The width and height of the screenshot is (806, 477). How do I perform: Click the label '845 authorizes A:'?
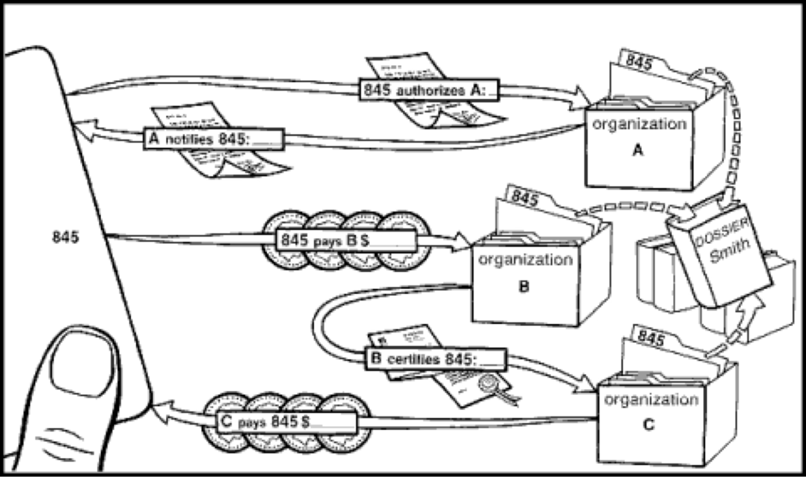tap(429, 90)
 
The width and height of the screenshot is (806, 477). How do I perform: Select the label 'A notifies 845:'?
tap(214, 139)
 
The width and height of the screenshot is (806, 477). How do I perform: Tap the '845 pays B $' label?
tap(346, 240)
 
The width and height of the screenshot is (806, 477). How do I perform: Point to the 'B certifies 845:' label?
tap(435, 359)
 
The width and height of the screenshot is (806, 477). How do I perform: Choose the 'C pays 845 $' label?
tap(287, 422)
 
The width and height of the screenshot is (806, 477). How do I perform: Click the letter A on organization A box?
tap(637, 150)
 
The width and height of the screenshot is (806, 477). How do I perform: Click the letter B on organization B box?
tap(523, 287)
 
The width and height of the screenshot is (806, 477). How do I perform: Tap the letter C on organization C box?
tap(648, 425)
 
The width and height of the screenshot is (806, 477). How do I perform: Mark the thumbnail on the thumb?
tap(83, 363)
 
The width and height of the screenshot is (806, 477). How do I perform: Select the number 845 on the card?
tap(65, 237)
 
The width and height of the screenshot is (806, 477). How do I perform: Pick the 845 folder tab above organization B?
tap(525, 198)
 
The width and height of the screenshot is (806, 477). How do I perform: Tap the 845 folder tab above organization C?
tap(651, 338)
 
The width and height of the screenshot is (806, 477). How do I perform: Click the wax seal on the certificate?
tap(489, 383)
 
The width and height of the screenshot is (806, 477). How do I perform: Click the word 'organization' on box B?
tap(525, 260)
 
